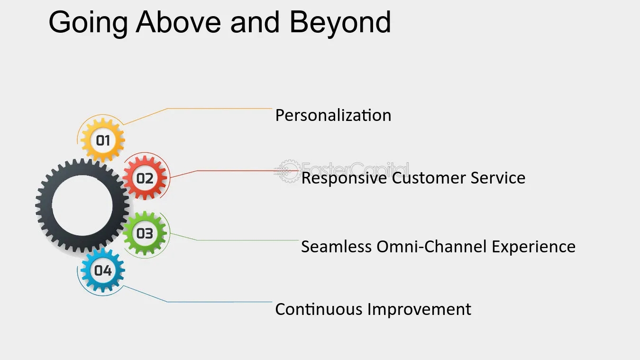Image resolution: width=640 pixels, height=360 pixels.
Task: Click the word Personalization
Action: [x=333, y=115]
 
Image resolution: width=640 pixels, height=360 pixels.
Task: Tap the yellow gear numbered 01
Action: [x=103, y=140]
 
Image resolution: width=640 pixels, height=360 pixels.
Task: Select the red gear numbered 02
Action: [x=145, y=178]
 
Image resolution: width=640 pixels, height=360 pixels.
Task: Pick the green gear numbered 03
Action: [x=145, y=233]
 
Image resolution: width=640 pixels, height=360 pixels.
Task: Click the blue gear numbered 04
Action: [x=103, y=270]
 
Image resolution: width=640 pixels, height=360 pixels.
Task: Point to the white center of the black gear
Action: [x=82, y=206]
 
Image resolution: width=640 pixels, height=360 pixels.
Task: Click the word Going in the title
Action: [x=88, y=22]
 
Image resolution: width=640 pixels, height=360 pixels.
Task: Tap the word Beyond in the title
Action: [x=340, y=22]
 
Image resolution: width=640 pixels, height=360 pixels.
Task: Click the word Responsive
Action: [x=344, y=178]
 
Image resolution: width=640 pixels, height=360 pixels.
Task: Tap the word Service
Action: [x=498, y=178]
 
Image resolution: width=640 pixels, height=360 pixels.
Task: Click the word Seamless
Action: [x=336, y=247]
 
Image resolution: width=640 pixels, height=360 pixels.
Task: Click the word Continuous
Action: [x=319, y=309]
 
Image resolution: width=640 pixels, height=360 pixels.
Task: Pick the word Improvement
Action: [x=420, y=309]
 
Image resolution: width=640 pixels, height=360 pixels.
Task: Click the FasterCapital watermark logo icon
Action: [x=288, y=171]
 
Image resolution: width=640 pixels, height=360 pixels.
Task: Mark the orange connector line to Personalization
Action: [x=218, y=109]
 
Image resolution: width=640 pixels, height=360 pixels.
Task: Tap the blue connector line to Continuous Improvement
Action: [x=218, y=302]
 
